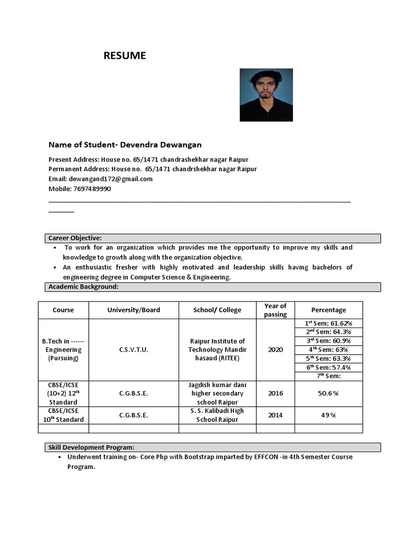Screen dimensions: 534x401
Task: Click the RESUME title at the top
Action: [124, 56]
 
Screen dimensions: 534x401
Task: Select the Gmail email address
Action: [115, 179]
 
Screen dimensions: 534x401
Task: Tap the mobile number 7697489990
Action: [92, 189]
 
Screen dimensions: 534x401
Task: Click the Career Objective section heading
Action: [75, 238]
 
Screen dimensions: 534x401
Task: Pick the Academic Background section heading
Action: [84, 287]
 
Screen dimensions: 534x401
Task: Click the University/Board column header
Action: [134, 310]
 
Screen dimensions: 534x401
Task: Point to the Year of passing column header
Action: [275, 310]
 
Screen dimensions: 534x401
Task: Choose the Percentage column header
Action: [328, 310]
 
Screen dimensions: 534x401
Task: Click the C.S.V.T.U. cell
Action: [134, 349]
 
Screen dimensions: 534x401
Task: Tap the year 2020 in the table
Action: [275, 349]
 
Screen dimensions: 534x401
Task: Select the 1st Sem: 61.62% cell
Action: [328, 323]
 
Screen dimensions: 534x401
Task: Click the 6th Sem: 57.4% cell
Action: [328, 367]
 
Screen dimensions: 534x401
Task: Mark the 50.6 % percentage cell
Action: [328, 393]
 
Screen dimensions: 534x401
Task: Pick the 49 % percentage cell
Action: [328, 415]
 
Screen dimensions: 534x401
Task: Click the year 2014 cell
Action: [275, 415]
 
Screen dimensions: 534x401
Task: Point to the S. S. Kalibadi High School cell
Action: [217, 415]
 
